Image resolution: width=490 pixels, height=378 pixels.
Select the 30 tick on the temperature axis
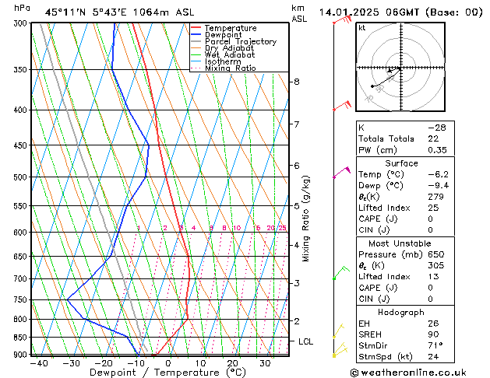pyautogui.click(x=265, y=363)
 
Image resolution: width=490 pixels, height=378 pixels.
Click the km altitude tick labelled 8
pyautogui.click(x=296, y=82)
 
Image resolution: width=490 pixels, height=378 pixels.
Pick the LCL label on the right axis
pyautogui.click(x=306, y=341)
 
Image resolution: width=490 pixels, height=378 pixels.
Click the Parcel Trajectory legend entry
pyautogui.click(x=240, y=41)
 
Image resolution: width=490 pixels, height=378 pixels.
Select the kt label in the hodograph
pyautogui.click(x=362, y=28)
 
